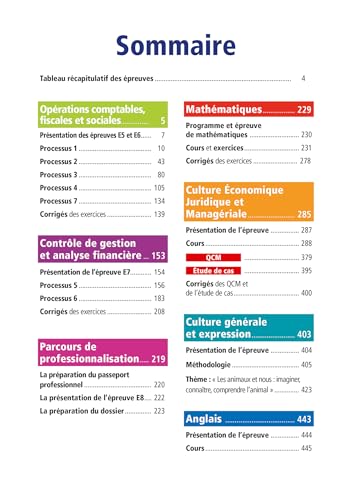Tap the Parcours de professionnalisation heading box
(x=101, y=351)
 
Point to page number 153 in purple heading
(x=157, y=256)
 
